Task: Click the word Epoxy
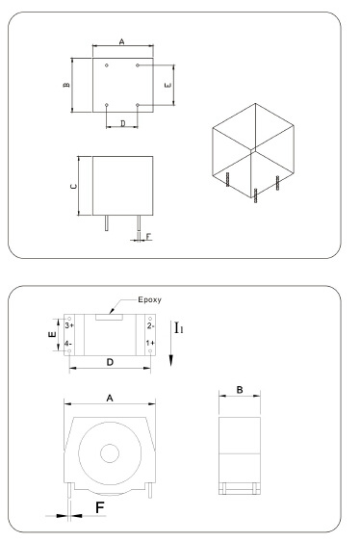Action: coord(149,300)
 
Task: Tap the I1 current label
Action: coord(178,327)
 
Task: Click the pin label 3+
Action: coord(69,325)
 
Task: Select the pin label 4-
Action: coord(68,344)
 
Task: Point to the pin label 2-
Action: coord(150,325)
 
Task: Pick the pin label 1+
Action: coord(150,343)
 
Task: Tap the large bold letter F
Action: coord(100,507)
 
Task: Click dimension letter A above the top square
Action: coord(121,41)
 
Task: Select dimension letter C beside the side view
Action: coord(73,187)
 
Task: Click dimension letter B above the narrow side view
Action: coord(240,390)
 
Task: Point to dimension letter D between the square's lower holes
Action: coord(123,123)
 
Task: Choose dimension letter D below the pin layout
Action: coord(110,362)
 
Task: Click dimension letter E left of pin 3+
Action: coord(53,334)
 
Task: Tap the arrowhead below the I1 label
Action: coord(170,361)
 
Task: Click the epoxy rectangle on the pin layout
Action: coord(109,317)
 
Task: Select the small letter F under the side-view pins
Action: coord(148,237)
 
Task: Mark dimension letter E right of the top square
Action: coord(167,85)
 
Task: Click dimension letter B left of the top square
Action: coord(66,85)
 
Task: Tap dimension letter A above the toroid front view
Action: coord(110,399)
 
